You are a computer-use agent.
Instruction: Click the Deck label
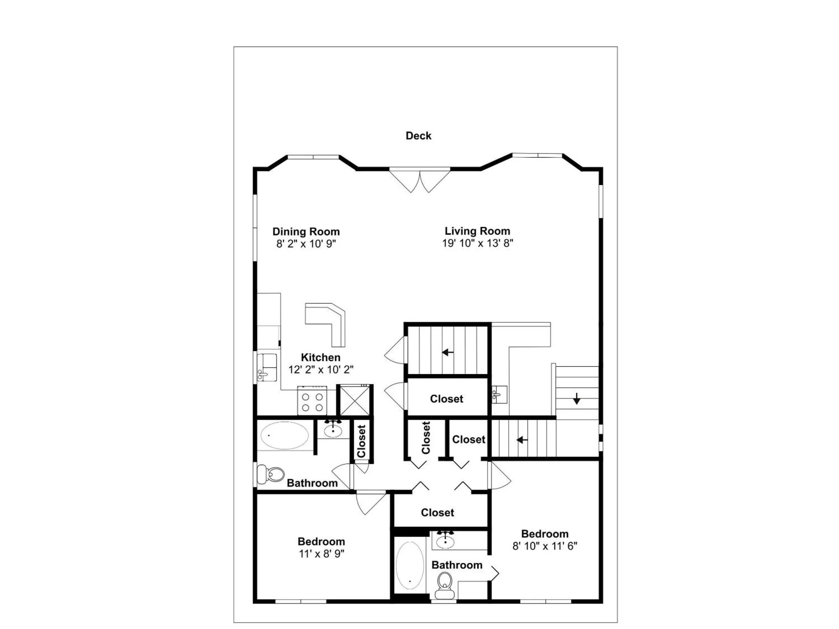[x=418, y=136]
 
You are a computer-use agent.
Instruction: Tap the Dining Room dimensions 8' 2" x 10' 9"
[x=306, y=244]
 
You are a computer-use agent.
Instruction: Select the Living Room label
[x=477, y=231]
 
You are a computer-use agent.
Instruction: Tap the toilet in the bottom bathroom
[x=445, y=585]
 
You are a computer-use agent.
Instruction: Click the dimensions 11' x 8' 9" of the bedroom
[x=321, y=554]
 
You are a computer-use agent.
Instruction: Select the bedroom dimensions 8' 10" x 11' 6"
[x=545, y=546]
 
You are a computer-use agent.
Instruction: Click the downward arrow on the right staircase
[x=577, y=398]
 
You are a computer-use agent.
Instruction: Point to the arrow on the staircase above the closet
[x=448, y=353]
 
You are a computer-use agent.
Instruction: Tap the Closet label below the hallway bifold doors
[x=437, y=513]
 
